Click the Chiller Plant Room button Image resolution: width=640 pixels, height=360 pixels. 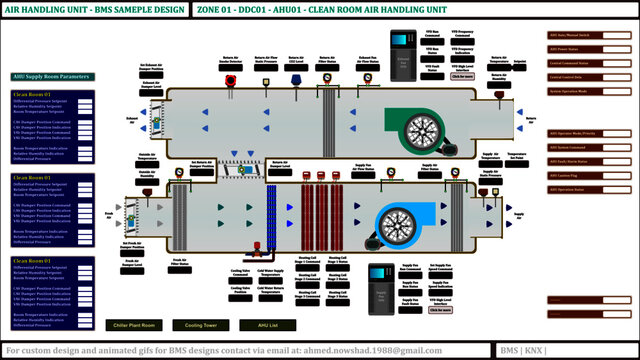click(x=133, y=325)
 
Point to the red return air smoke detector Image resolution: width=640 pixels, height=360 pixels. click(x=230, y=79)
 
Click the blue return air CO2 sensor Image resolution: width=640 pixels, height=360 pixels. click(x=296, y=79)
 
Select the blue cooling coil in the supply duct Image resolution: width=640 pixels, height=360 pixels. click(x=271, y=223)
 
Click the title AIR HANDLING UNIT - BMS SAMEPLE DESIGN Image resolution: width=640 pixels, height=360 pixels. click(x=93, y=9)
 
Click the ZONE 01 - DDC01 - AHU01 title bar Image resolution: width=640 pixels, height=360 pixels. click(x=320, y=9)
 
